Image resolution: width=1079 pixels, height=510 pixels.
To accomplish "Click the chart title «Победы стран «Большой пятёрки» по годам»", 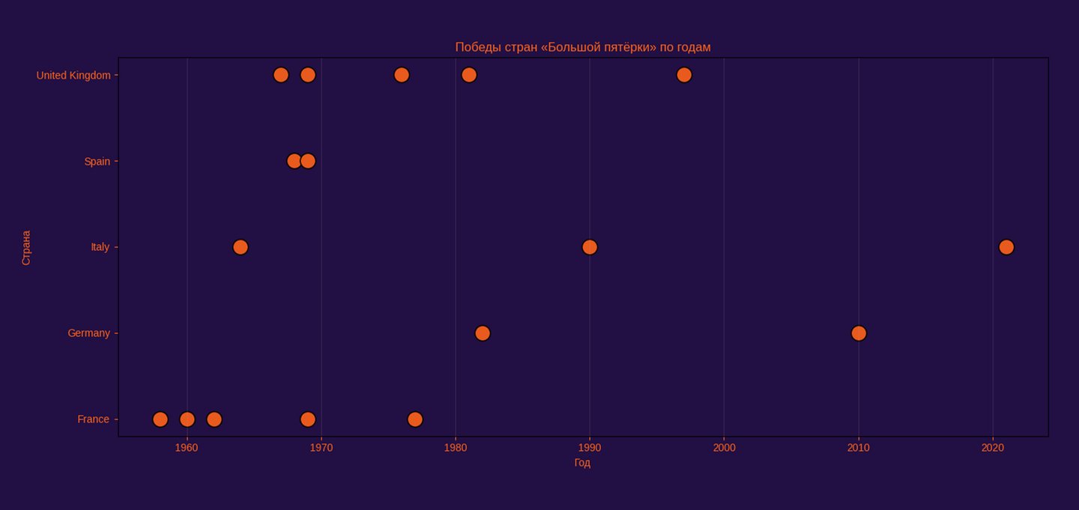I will tap(582, 47).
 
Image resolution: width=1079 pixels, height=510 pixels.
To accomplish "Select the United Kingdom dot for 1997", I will tap(683, 75).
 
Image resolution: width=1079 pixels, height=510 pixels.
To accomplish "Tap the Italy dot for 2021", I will tap(1006, 247).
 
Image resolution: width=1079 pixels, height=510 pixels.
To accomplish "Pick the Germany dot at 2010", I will tap(858, 333).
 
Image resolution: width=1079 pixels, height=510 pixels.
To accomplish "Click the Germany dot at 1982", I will tap(482, 333).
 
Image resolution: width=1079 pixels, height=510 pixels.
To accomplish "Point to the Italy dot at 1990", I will tap(589, 247).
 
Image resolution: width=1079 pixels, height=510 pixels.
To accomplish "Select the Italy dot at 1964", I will tap(240, 247).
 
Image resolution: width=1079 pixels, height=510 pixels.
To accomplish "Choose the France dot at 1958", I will tap(160, 419).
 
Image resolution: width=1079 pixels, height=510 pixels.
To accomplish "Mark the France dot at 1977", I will tap(414, 419).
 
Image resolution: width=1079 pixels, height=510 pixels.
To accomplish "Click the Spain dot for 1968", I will tap(293, 161).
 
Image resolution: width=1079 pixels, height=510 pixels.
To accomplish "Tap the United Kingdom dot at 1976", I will tap(401, 75).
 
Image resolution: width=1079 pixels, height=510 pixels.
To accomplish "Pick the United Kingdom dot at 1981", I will tap(468, 75).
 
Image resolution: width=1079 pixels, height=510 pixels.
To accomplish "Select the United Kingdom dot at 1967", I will tap(280, 75).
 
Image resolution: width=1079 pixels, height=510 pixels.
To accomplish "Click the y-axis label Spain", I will tap(97, 162).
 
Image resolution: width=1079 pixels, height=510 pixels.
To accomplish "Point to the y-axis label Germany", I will tap(88, 333).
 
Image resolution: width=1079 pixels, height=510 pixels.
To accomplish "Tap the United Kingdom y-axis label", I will tap(73, 76).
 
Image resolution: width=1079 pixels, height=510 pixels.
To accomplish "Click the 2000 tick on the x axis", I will tap(724, 448).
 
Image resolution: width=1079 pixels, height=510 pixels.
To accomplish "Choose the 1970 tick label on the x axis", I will tap(321, 448).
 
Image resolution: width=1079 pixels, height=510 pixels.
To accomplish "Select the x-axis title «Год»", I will tap(582, 463).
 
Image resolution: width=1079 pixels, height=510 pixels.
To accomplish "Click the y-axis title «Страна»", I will tap(26, 247).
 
